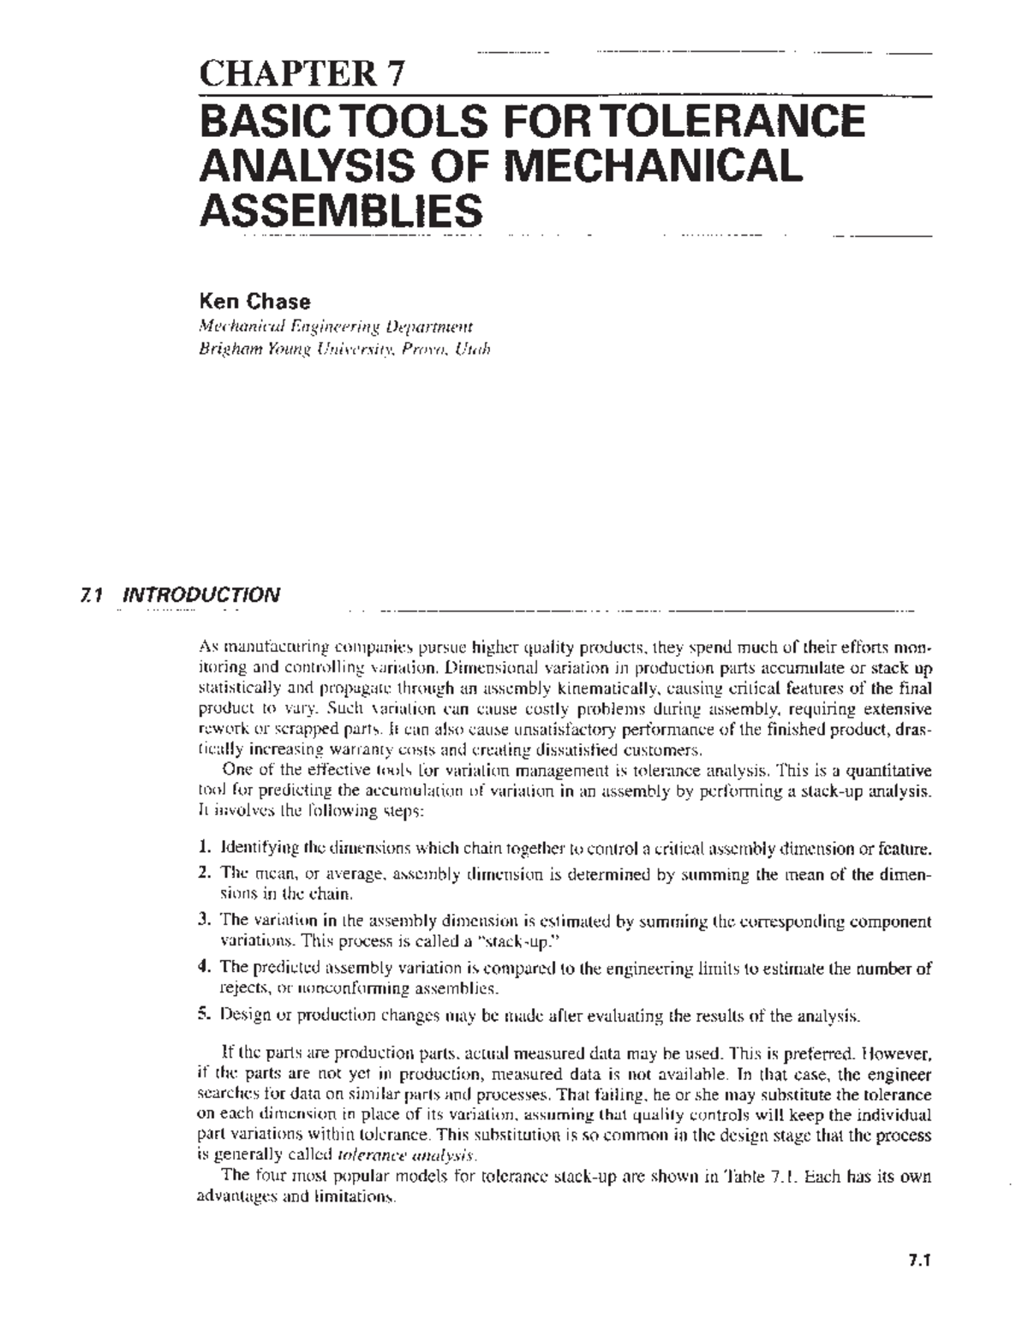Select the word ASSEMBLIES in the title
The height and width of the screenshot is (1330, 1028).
pyautogui.click(x=340, y=209)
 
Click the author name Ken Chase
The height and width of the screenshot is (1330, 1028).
pyautogui.click(x=254, y=301)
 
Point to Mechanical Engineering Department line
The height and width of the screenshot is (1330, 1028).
pyautogui.click(x=335, y=326)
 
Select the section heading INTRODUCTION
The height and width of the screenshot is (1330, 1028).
pyautogui.click(x=201, y=595)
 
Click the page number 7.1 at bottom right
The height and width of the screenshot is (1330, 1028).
pyautogui.click(x=919, y=1260)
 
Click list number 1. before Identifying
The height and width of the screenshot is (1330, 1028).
pyautogui.click(x=204, y=850)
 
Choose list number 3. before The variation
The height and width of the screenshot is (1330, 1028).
pyautogui.click(x=204, y=921)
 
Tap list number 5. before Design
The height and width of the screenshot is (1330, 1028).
pyautogui.click(x=204, y=1016)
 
